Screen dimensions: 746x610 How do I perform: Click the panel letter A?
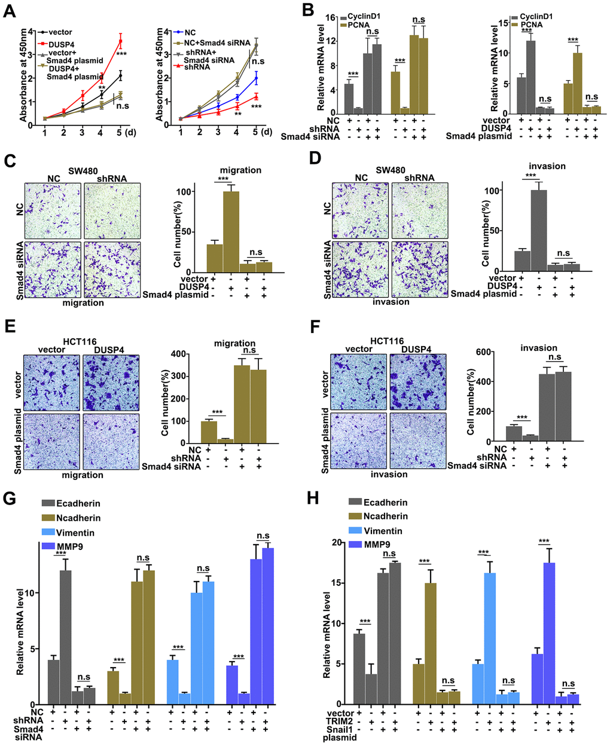[8, 10]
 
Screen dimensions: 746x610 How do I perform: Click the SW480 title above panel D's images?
[390, 170]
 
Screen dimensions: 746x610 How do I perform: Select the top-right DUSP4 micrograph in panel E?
[111, 380]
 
